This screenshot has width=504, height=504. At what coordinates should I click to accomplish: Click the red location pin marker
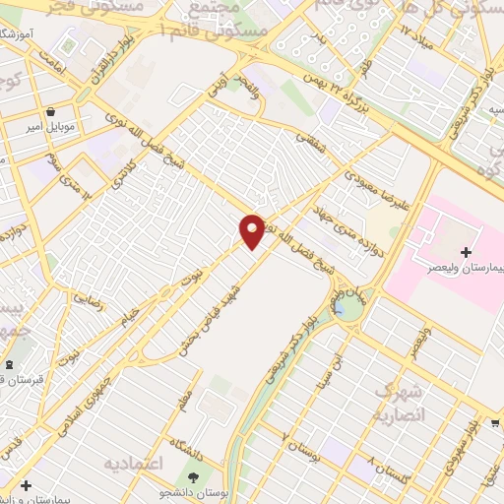tap(252, 230)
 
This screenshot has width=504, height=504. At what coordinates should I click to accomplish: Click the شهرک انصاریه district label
tap(398, 402)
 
